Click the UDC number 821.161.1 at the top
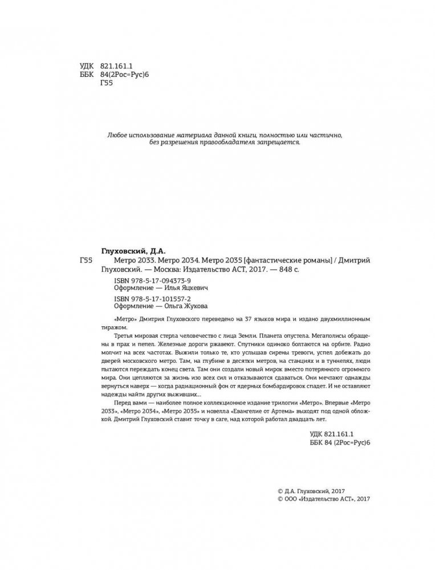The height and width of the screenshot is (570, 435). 116,65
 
